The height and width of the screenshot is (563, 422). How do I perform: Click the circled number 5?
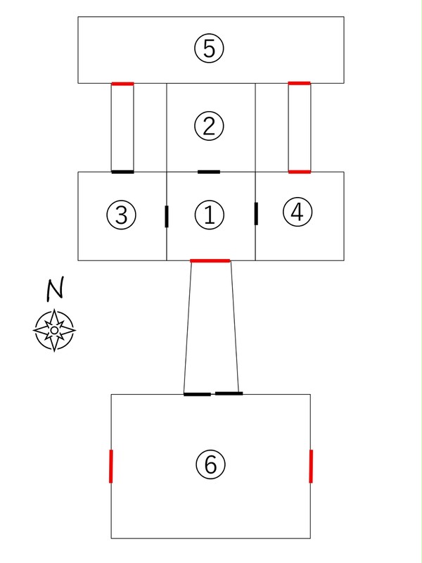click(x=209, y=49)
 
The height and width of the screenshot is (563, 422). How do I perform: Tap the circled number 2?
click(x=209, y=126)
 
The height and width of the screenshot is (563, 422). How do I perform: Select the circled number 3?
click(x=121, y=215)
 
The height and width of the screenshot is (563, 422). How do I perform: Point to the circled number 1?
click(x=210, y=215)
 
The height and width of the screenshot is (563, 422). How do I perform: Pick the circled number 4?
click(x=298, y=212)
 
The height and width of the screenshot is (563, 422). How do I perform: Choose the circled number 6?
click(x=210, y=464)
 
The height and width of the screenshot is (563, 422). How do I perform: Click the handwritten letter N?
click(x=55, y=288)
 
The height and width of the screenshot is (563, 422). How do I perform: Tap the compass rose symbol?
click(x=54, y=330)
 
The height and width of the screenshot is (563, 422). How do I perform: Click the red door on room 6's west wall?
click(x=111, y=466)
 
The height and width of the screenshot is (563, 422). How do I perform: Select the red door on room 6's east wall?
click(x=311, y=466)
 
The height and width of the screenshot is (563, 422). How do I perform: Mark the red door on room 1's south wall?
click(x=210, y=260)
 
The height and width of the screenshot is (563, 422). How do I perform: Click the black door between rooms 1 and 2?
click(x=209, y=172)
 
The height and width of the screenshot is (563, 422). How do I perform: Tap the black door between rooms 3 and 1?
click(x=167, y=217)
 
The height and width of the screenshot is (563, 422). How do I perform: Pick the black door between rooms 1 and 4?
click(x=256, y=214)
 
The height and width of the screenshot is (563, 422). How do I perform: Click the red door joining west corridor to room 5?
click(x=122, y=84)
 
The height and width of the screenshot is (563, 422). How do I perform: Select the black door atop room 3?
click(x=122, y=172)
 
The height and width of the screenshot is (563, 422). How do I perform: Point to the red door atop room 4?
click(x=300, y=172)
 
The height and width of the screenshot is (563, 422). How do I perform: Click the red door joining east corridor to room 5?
click(x=300, y=83)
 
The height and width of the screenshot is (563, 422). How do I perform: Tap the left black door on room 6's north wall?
click(x=197, y=394)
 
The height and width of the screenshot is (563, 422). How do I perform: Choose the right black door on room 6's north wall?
click(x=229, y=393)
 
